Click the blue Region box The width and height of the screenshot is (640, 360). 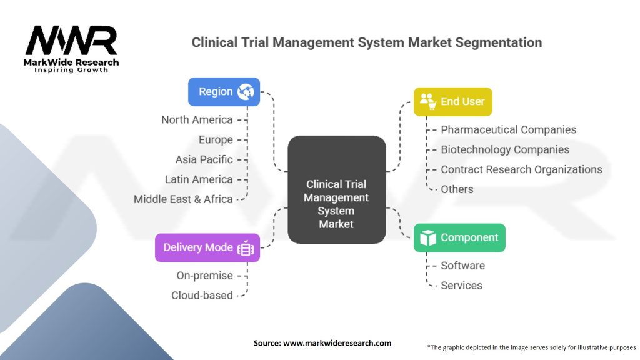click(x=224, y=91)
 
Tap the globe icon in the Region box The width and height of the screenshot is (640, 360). click(x=244, y=91)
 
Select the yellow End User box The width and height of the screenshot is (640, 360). click(x=452, y=101)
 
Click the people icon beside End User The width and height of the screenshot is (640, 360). click(x=427, y=101)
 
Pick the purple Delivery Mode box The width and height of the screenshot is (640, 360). click(x=207, y=247)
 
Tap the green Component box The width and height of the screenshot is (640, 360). click(x=459, y=237)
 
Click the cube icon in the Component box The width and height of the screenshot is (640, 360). click(x=427, y=237)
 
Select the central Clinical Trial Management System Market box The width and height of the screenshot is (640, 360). click(x=336, y=190)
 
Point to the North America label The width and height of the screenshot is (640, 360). click(x=197, y=119)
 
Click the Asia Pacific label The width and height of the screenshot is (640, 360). click(x=204, y=159)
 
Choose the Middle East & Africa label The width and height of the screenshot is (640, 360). click(x=183, y=199)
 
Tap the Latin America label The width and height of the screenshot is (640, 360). click(x=199, y=179)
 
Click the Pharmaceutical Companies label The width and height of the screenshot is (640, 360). click(x=508, y=129)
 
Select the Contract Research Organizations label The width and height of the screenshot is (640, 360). click(x=521, y=169)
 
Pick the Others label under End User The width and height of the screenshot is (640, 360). click(x=457, y=189)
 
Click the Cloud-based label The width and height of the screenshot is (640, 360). click(x=202, y=296)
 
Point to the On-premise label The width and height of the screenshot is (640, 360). click(x=204, y=276)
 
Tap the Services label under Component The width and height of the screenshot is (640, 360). click(x=461, y=286)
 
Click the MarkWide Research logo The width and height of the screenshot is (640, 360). click(x=71, y=48)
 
